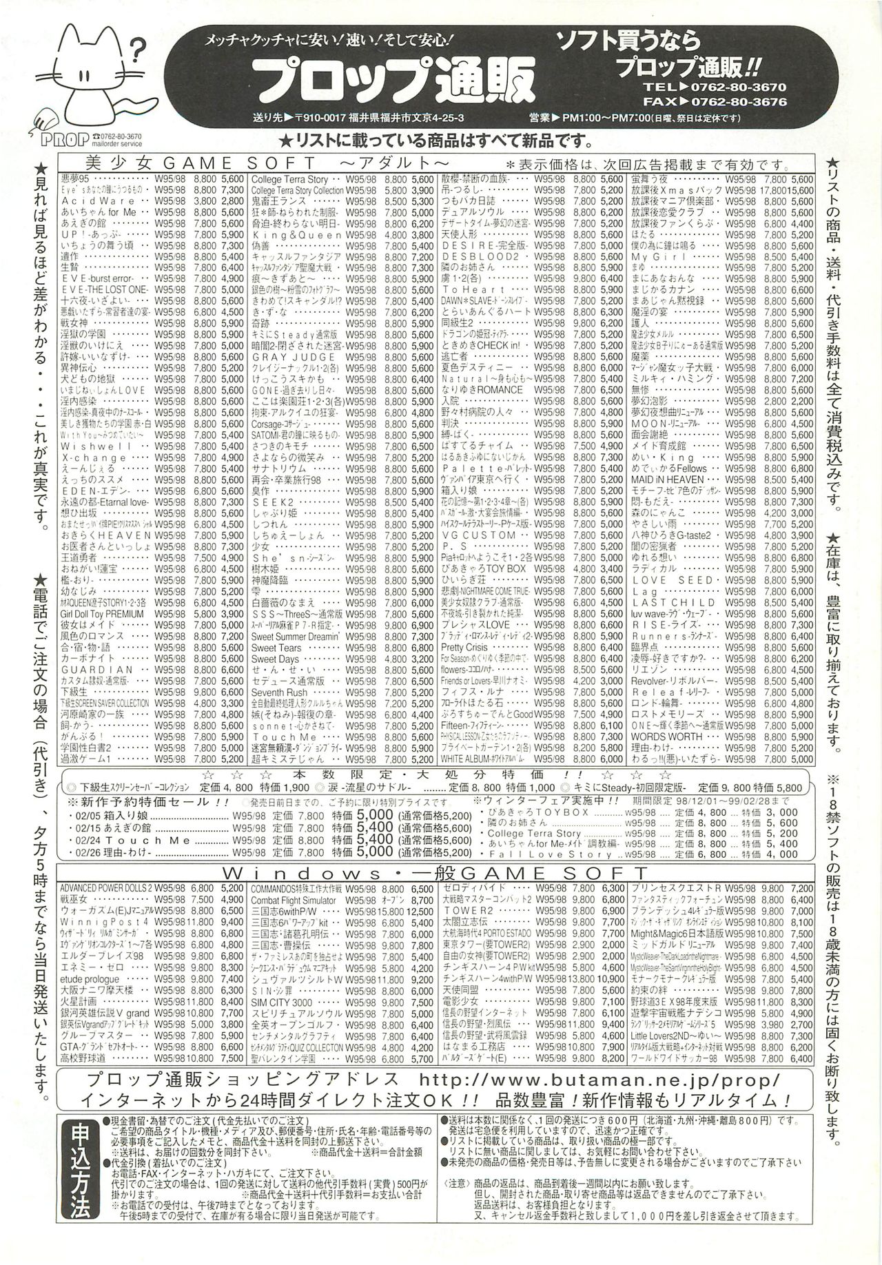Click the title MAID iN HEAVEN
666,479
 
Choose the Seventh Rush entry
279,692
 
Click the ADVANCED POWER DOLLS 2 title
105,887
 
